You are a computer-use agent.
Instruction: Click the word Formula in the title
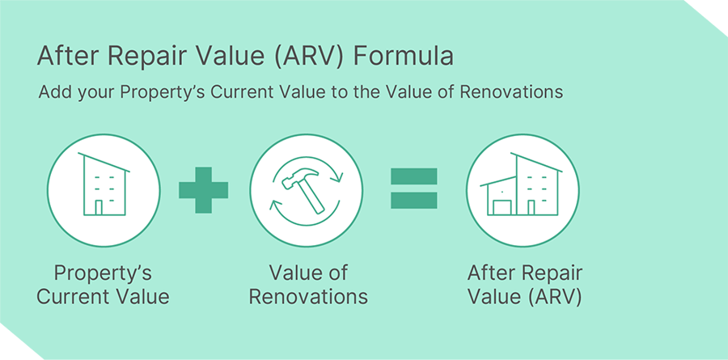[x=403, y=57]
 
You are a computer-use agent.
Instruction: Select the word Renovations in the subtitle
[x=511, y=91]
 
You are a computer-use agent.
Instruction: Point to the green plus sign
[x=203, y=190]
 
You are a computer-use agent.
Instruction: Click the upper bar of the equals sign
[x=413, y=176]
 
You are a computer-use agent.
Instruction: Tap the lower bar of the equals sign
[x=413, y=200]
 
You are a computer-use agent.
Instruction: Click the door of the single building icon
[x=99, y=208]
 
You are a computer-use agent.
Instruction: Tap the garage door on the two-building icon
[x=502, y=207]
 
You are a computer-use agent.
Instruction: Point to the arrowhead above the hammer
[x=340, y=177]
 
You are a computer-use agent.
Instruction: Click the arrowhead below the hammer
[x=274, y=205]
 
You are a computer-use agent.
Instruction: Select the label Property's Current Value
[x=103, y=285]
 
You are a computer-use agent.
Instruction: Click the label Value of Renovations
[x=308, y=285]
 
